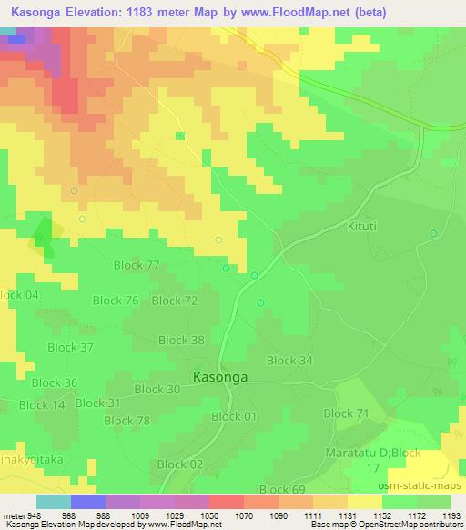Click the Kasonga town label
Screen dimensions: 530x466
pos(223,376)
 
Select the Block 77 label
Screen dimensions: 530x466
pos(137,265)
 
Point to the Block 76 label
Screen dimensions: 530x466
pos(116,301)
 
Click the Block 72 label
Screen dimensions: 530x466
pos(174,301)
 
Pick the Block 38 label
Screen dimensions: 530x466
pos(181,340)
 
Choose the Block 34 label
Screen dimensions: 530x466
pos(289,361)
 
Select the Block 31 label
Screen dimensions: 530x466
pos(97,403)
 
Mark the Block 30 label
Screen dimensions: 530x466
pos(157,389)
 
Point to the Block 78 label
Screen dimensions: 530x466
pos(127,421)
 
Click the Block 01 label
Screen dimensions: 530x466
pos(234,416)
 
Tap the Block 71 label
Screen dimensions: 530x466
pos(346,413)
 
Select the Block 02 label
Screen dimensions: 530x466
pos(179,464)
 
